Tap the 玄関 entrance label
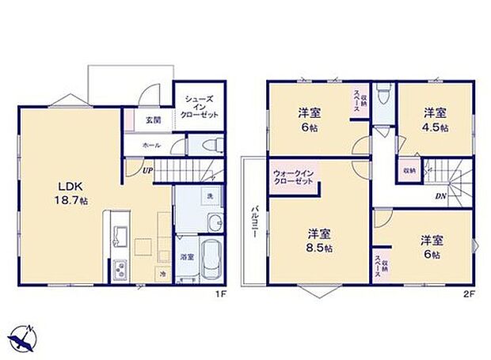(x=153, y=120)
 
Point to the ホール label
(x=151, y=146)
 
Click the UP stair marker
(x=147, y=169)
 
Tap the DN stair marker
(x=439, y=197)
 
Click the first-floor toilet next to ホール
(x=209, y=145)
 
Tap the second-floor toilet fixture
(x=383, y=96)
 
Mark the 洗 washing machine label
(x=210, y=196)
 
